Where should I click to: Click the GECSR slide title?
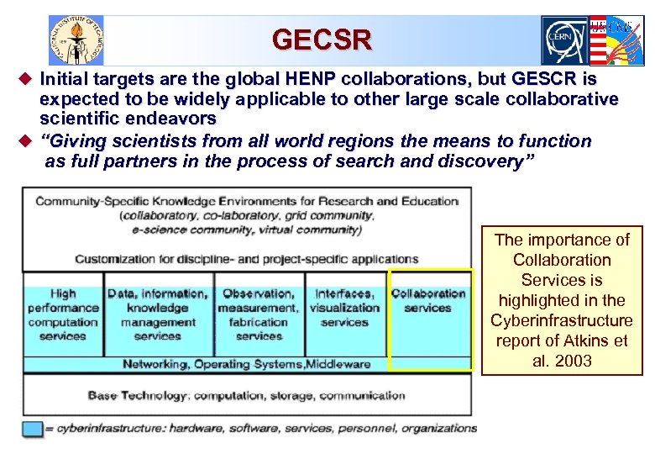coord(322,39)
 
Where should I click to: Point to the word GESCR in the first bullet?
coord(546,79)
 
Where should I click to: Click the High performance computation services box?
coord(63,314)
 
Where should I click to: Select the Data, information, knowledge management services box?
coord(158,314)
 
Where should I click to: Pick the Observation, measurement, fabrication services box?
coord(259,314)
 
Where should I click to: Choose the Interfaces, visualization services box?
coord(344,308)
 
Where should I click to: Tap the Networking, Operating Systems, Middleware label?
coord(246,364)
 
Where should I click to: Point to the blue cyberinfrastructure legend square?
coord(32,429)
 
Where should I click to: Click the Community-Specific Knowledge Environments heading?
coord(247,202)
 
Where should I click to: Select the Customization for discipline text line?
coord(247,259)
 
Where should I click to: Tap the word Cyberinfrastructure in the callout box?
coord(562,320)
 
